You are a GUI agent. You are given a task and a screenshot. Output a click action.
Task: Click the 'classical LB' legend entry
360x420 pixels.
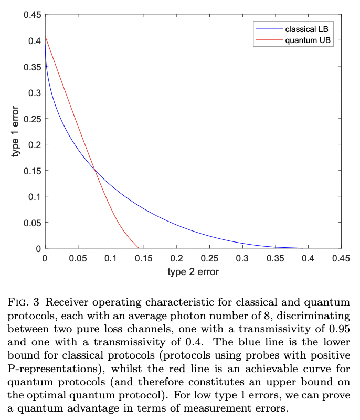pyautogui.click(x=307, y=29)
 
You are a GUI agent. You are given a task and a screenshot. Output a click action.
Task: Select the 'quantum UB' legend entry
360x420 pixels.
pyautogui.click(x=307, y=40)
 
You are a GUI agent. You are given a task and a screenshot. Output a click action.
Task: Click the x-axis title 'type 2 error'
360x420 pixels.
pyautogui.click(x=193, y=272)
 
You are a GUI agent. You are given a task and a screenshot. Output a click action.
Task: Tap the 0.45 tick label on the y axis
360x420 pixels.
pyautogui.click(x=31, y=14)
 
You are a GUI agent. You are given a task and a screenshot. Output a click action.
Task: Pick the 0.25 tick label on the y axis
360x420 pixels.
pyautogui.click(x=31, y=118)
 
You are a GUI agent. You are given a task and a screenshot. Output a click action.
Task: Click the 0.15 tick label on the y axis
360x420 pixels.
pyautogui.click(x=31, y=170)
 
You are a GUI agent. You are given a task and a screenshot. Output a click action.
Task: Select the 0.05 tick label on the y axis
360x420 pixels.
pyautogui.click(x=31, y=222)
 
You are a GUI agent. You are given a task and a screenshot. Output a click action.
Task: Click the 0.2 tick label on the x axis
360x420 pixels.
pyautogui.click(x=177, y=258)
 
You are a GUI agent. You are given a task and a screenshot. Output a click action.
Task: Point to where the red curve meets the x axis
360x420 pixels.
pyautogui.click(x=139, y=248)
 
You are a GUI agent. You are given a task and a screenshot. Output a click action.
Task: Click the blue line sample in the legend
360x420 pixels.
pyautogui.click(x=268, y=29)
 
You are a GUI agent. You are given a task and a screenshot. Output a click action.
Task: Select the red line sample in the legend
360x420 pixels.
pyautogui.click(x=268, y=40)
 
